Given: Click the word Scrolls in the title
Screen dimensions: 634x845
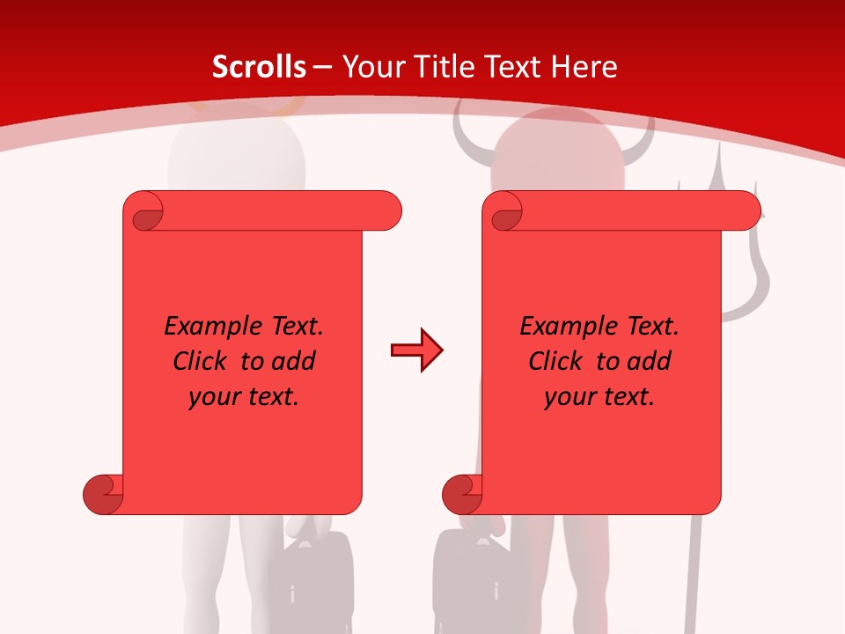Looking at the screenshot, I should tap(260, 67).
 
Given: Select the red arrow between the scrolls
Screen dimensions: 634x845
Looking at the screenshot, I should tap(416, 350).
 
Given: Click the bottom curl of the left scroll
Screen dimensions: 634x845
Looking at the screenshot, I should tap(103, 494).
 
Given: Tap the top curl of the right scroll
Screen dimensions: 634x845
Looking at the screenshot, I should tap(503, 212).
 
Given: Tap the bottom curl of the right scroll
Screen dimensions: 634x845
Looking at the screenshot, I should tap(462, 494).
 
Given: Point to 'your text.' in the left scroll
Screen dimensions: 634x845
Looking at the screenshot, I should tap(244, 396).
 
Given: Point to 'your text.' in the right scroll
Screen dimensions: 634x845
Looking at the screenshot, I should tap(599, 396).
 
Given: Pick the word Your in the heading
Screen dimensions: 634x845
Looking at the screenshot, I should tap(367, 67).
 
